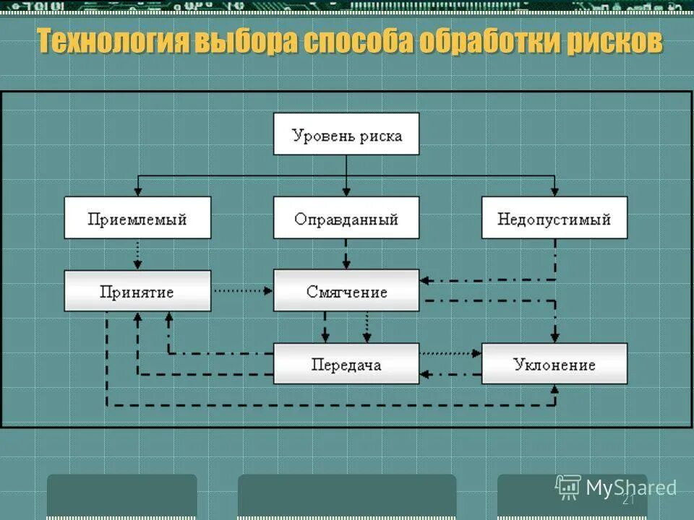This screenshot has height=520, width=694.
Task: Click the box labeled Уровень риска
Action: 346,134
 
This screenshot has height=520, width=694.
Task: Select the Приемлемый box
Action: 137,218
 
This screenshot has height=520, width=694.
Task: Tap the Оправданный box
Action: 346,218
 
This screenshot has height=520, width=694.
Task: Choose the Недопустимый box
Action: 554,218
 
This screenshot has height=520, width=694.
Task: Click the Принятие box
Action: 137,291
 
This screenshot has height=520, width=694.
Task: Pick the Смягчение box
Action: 346,291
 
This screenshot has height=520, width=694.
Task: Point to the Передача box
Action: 346,364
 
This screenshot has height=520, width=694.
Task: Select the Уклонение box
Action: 554,364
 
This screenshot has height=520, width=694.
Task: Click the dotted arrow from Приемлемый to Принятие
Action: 137,254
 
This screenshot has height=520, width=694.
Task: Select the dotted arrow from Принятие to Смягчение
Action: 242,291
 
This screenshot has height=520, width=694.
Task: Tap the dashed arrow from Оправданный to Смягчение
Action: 346,254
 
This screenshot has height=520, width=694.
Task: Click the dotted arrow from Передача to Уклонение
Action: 450,354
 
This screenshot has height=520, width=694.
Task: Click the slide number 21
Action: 627,500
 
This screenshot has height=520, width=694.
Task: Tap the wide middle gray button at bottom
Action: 347,496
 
